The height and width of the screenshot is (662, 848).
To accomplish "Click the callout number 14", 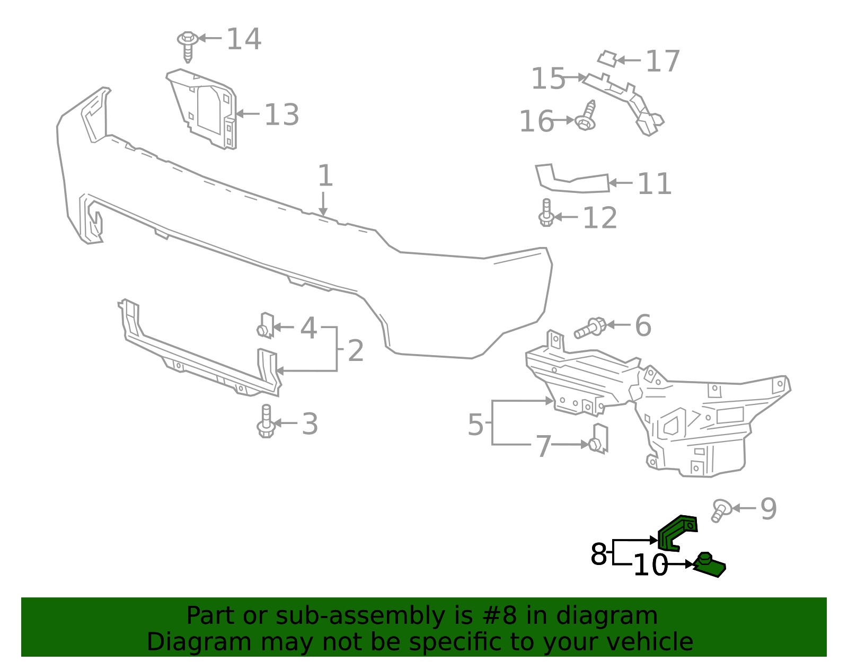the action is [244, 39].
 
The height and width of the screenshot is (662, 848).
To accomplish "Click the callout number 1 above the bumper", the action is [325, 176].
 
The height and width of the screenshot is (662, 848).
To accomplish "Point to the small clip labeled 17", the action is [607, 58].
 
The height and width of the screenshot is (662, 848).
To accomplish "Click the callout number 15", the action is [548, 79].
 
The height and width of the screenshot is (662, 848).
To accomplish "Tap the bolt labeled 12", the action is [546, 213].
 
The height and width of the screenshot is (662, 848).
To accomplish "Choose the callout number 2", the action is [356, 351].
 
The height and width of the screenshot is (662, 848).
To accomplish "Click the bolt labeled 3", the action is [266, 421].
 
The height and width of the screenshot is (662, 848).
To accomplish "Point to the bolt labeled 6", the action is [590, 328].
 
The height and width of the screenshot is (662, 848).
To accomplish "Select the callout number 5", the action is [475, 425].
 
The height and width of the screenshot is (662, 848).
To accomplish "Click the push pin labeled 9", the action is [720, 510].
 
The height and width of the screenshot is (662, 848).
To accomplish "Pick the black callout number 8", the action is [598, 554].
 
